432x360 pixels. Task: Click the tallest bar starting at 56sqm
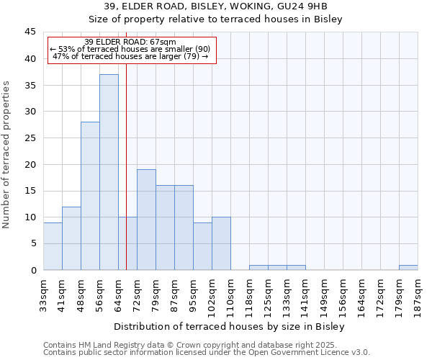point(109,172)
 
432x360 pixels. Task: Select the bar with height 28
point(90,196)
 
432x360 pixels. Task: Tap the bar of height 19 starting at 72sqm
point(146,220)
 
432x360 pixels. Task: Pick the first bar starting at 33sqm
point(53,246)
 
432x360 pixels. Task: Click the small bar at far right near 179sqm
point(408,268)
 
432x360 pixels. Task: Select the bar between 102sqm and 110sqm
point(221,243)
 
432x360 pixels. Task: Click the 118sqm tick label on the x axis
point(250,293)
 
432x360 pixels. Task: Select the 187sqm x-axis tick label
point(418,293)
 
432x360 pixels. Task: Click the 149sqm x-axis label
point(325,293)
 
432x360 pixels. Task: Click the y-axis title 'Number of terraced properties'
point(7,155)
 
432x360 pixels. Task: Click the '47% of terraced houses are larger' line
point(130,56)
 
